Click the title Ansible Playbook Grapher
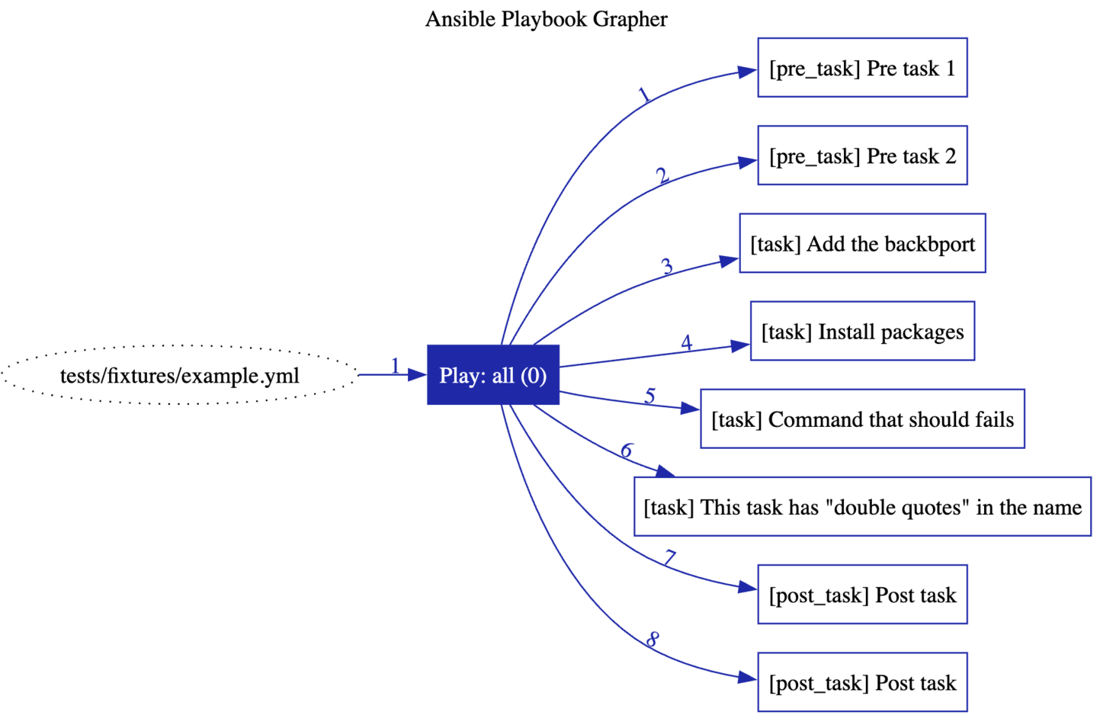(x=546, y=19)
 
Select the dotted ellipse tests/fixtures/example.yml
(x=179, y=375)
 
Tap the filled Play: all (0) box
(x=492, y=375)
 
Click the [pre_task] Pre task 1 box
(x=861, y=68)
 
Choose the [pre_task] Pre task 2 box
(x=861, y=156)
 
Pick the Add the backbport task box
(x=861, y=243)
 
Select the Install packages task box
(x=861, y=331)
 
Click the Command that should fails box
(x=861, y=419)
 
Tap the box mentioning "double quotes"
(x=861, y=506)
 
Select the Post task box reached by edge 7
(x=861, y=594)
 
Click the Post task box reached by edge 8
(x=861, y=681)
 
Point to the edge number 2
(x=662, y=176)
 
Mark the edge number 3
(x=667, y=267)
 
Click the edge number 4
(x=686, y=343)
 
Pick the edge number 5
(x=649, y=396)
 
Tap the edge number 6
(x=627, y=451)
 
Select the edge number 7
(x=669, y=559)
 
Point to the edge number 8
(x=653, y=640)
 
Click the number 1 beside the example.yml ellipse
(x=395, y=366)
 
